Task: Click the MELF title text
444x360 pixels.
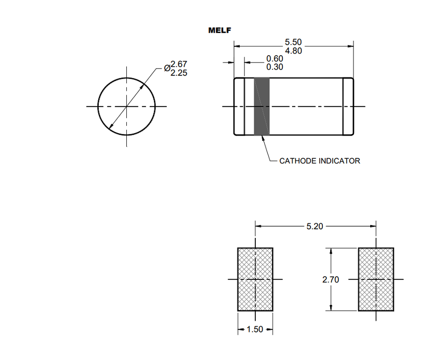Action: [219, 30]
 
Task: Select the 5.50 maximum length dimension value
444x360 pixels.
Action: [293, 42]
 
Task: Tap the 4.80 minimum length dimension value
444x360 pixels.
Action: [293, 50]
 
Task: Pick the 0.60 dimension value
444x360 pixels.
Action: [275, 59]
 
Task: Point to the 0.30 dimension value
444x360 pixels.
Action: [275, 67]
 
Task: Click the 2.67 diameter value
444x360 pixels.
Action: [179, 65]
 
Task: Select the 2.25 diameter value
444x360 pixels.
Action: [179, 73]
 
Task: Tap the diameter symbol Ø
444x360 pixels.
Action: [167, 68]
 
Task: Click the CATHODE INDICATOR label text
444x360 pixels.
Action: [319, 161]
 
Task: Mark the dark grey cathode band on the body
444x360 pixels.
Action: [262, 107]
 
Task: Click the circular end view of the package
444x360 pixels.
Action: [126, 107]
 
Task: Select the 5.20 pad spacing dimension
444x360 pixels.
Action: [315, 226]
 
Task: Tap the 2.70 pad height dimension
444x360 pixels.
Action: [331, 279]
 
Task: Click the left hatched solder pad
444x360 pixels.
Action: [255, 279]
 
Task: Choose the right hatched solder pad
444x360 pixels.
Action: [376, 279]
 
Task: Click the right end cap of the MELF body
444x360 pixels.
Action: [348, 107]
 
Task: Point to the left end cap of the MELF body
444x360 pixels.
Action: [239, 107]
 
